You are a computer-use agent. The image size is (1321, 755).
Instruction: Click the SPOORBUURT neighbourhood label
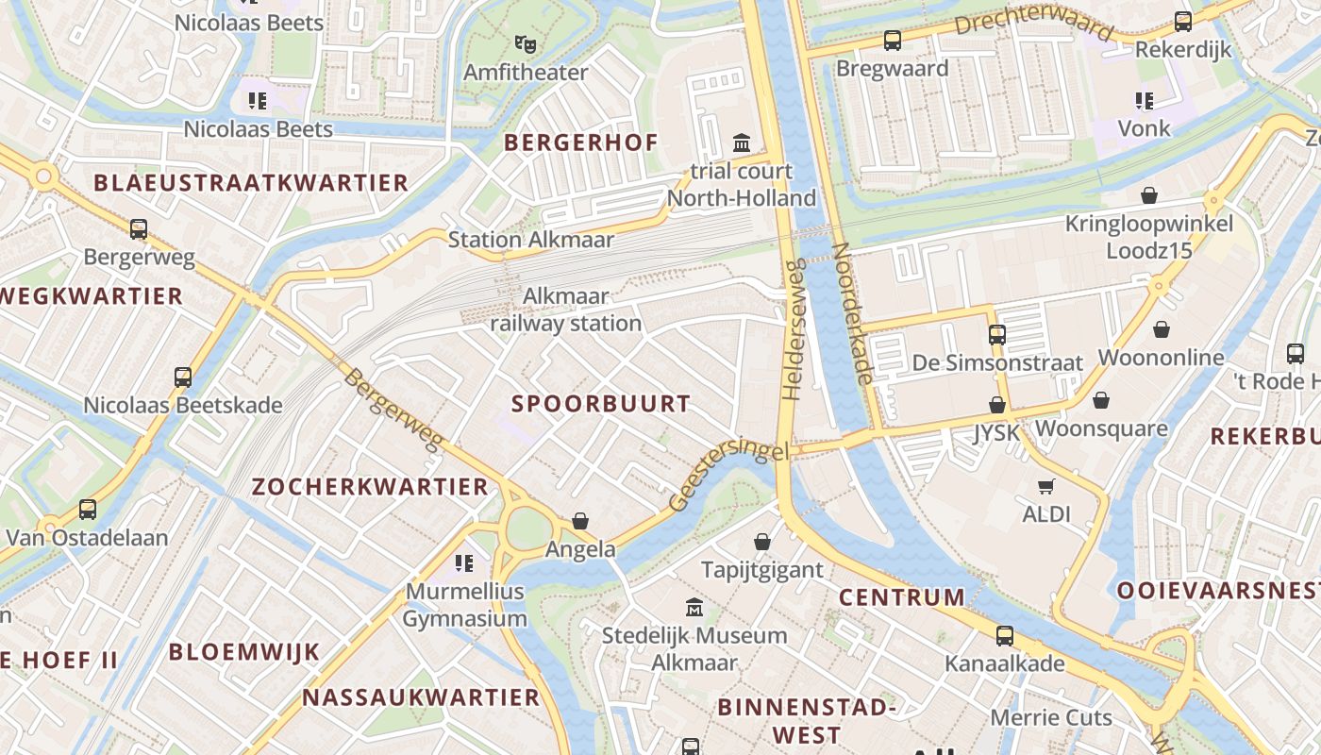coord(601,404)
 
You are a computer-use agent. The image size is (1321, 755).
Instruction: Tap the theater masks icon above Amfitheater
coord(526,43)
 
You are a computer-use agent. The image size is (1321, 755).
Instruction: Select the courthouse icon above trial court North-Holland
coord(742,143)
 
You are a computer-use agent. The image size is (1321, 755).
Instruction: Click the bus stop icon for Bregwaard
coord(892,41)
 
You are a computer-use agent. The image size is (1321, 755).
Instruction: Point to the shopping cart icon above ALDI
coord(1045,487)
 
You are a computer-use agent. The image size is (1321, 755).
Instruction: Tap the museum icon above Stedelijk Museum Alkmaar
coord(694,607)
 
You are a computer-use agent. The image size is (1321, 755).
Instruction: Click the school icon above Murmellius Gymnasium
coord(463,563)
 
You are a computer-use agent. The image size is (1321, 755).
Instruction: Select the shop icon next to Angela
coord(580,522)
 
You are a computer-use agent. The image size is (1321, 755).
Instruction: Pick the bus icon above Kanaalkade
coord(1005,636)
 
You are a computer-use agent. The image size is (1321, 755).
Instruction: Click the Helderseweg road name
coord(792,328)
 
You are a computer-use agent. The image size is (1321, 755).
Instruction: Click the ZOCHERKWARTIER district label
coord(370,487)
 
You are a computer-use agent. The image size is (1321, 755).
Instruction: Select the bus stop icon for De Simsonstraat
coord(997,334)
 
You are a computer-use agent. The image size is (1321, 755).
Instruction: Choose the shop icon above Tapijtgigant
coord(762,543)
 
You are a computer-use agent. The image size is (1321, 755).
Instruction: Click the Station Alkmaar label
coord(530,240)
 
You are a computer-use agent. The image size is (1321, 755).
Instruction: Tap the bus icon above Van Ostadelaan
coord(88,510)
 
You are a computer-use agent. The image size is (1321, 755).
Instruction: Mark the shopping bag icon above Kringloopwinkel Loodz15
coord(1149,195)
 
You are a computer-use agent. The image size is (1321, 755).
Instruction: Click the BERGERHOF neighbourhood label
coord(580,143)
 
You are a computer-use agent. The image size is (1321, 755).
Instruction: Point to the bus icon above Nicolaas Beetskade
coord(183,377)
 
